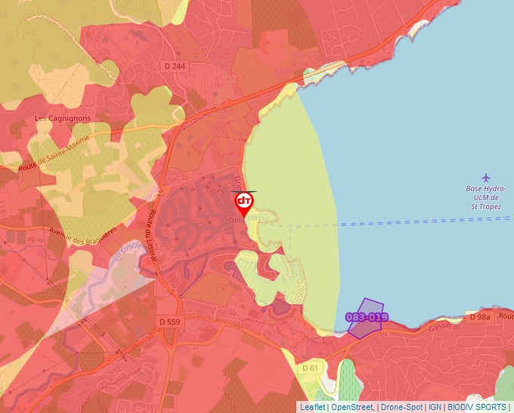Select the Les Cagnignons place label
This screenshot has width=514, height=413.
pyautogui.click(x=63, y=119)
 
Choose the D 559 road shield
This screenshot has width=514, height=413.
pyautogui.click(x=171, y=322)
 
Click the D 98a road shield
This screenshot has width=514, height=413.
pyautogui.click(x=480, y=318)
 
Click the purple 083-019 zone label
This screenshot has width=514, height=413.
pyautogui.click(x=367, y=317)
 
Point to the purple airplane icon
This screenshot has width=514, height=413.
pyautogui.click(x=485, y=177)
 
